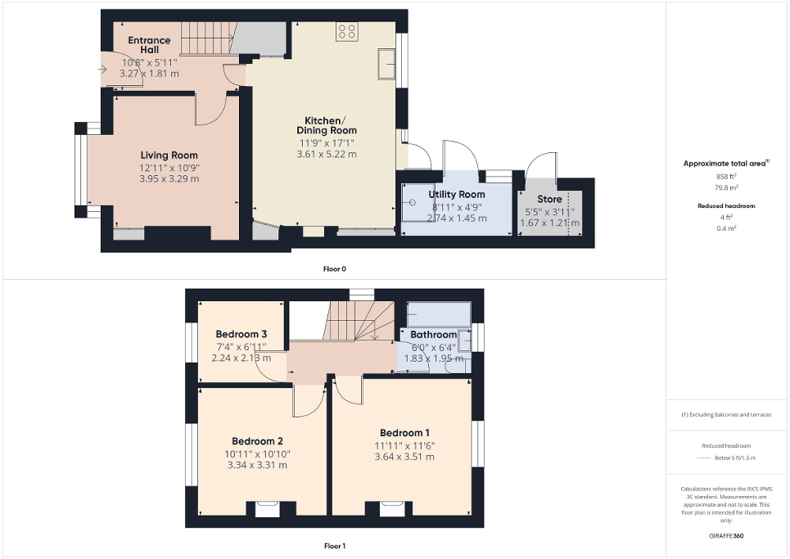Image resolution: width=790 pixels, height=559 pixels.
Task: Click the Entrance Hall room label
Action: tap(149, 45)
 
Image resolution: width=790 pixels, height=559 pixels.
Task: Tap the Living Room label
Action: tap(169, 156)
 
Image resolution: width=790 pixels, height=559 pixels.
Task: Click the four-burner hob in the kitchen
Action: tap(346, 32)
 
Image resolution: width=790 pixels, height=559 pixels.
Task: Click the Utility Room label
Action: tap(457, 194)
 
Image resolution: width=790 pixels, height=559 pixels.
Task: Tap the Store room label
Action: tap(549, 199)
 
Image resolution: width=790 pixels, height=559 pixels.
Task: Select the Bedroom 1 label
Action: tap(404, 433)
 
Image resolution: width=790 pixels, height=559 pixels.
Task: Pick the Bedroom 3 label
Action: tap(242, 334)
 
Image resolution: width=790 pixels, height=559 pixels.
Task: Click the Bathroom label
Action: tap(434, 335)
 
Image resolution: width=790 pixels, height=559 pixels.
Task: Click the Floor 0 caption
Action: tap(335, 268)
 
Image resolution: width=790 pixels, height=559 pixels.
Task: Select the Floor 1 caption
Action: tap(335, 545)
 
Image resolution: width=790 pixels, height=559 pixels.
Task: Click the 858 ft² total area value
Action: tap(728, 177)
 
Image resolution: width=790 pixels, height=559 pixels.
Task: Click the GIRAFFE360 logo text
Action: tap(728, 536)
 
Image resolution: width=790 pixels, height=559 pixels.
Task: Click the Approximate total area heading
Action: tap(726, 164)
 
